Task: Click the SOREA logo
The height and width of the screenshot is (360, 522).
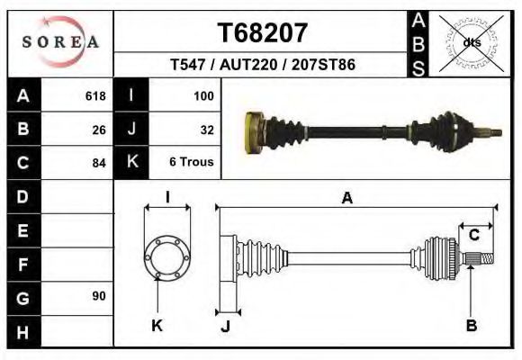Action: coord(60,41)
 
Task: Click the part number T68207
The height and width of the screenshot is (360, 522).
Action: coord(263,32)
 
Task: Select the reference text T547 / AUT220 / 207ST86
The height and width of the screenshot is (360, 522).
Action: coord(263,66)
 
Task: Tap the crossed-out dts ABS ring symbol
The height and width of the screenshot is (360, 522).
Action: coord(471,42)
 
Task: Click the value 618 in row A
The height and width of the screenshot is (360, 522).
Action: coord(94,96)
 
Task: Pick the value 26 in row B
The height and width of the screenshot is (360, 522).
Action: coord(99,130)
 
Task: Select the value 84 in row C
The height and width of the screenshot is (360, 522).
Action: coord(99,163)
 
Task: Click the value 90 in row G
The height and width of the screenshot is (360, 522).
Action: coord(99,296)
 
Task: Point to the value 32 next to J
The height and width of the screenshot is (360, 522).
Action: coord(206,130)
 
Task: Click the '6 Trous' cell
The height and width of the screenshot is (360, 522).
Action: coord(191,163)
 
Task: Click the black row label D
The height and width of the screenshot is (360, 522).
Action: coord(22,196)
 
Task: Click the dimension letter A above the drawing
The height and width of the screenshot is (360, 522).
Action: coord(346,199)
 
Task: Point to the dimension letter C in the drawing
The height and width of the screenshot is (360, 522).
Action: coord(473,236)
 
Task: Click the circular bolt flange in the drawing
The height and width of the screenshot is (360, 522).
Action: coord(166,256)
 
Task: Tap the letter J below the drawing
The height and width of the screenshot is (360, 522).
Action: coord(225,326)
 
